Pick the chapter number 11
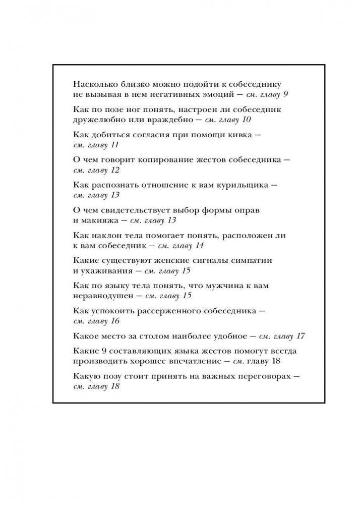tap(114, 145)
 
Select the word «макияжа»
tap(99, 220)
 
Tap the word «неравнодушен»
tap(104, 296)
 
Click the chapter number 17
tap(301, 336)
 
